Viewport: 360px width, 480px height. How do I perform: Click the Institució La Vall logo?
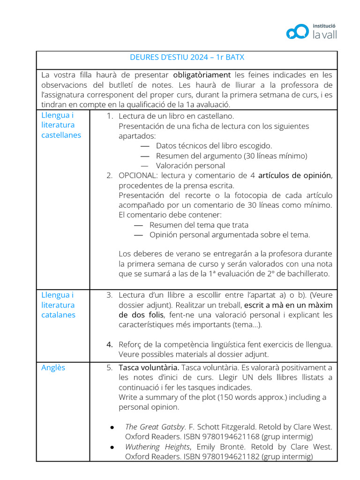click(311, 31)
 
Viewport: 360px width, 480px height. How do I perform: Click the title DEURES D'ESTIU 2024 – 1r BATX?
click(187, 58)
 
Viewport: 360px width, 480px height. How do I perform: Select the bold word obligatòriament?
click(202, 75)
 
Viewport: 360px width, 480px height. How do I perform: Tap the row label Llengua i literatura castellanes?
click(61, 125)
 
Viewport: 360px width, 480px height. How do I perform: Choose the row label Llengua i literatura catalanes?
click(58, 305)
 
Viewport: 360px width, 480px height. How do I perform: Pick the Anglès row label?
click(53, 367)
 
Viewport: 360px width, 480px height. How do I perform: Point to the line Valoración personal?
click(190, 165)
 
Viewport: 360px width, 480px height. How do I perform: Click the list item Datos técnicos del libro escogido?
click(214, 146)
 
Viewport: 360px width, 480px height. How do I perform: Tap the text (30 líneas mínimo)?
click(276, 156)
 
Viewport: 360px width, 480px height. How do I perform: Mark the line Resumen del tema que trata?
click(199, 225)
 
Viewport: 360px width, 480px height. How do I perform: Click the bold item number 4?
click(109, 345)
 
